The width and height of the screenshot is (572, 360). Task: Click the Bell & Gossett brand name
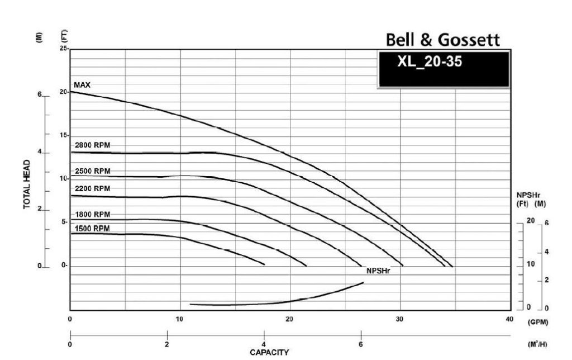[442, 40]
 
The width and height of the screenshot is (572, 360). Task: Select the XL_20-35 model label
[430, 61]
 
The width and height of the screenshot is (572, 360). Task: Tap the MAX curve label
[82, 85]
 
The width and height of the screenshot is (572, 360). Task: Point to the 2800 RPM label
[92, 145]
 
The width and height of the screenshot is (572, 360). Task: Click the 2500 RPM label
[92, 171]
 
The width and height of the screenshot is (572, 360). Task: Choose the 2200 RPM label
[92, 188]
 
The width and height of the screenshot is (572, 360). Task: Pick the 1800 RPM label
[92, 214]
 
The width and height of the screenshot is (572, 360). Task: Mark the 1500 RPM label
[92, 229]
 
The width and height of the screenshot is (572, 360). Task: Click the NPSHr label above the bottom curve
[378, 271]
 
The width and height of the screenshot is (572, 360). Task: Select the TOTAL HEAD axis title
[27, 184]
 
